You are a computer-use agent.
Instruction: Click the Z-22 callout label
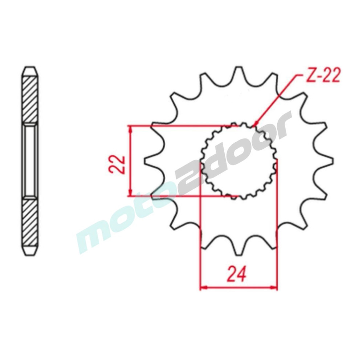(323, 76)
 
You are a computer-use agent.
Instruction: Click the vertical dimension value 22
(117, 164)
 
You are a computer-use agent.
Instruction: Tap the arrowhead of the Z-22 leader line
(256, 123)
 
